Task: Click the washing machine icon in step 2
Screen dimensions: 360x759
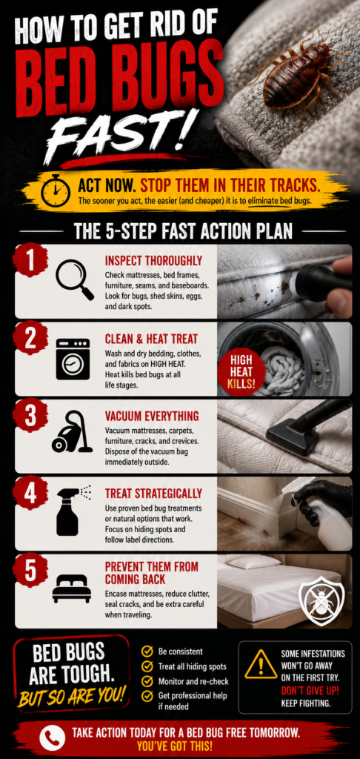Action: pos(73,359)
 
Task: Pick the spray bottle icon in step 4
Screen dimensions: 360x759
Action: pos(70,511)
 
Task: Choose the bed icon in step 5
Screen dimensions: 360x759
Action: pos(72,589)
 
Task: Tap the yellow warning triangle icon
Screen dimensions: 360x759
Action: pos(261,665)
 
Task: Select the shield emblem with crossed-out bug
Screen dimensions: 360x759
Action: pos(321,597)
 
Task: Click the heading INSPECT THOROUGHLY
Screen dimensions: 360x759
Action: pos(153,262)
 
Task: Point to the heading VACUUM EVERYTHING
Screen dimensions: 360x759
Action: pos(152,417)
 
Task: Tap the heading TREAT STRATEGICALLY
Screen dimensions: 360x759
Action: pos(153,494)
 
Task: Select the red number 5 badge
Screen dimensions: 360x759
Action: pos(30,570)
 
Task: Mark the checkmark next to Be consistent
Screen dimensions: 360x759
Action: pos(147,651)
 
